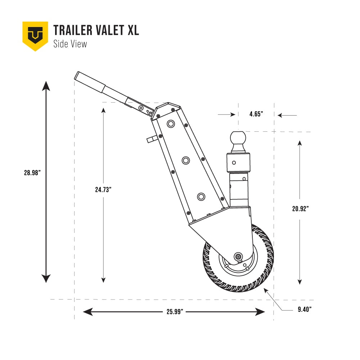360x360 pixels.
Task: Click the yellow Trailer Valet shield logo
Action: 35,35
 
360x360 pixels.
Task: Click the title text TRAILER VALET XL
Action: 96,30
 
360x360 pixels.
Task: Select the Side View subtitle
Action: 70,44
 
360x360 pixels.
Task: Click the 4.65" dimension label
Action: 256,114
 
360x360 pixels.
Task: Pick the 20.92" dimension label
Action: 301,208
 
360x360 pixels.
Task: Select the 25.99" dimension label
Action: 175,312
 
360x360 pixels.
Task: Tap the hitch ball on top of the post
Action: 238,138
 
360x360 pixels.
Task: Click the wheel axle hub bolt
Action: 238,256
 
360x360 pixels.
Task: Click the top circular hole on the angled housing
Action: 171,124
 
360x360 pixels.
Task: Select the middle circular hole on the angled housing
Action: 186,160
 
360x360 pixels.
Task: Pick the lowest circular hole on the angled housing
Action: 201,196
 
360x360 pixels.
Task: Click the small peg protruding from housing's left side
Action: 151,139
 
